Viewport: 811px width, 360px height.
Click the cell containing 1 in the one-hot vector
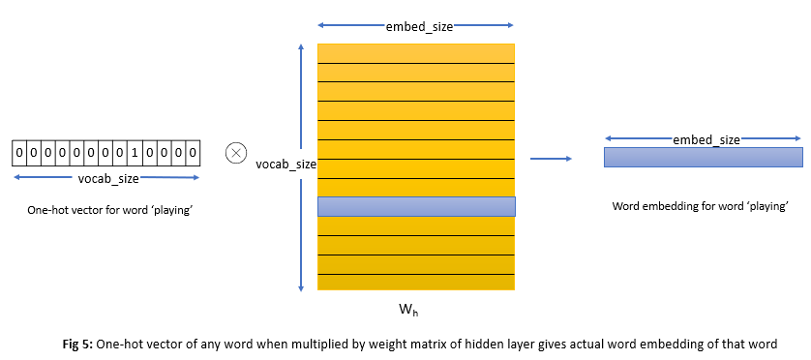[x=136, y=153]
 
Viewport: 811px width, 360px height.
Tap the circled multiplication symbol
[x=234, y=153]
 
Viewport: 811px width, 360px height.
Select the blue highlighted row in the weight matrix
[x=416, y=206]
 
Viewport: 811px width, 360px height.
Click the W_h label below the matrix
[x=409, y=311]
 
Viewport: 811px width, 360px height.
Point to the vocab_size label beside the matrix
[x=285, y=165]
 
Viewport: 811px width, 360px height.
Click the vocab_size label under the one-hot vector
[x=107, y=179]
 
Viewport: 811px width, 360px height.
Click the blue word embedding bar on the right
[x=703, y=157]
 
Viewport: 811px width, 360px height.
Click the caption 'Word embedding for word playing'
[x=701, y=206]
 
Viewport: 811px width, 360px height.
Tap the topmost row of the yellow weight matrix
[x=416, y=52]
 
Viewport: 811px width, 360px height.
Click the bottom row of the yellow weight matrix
[x=416, y=282]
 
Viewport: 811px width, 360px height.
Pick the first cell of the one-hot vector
[x=19, y=153]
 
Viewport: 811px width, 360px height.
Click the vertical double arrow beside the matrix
[x=303, y=165]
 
